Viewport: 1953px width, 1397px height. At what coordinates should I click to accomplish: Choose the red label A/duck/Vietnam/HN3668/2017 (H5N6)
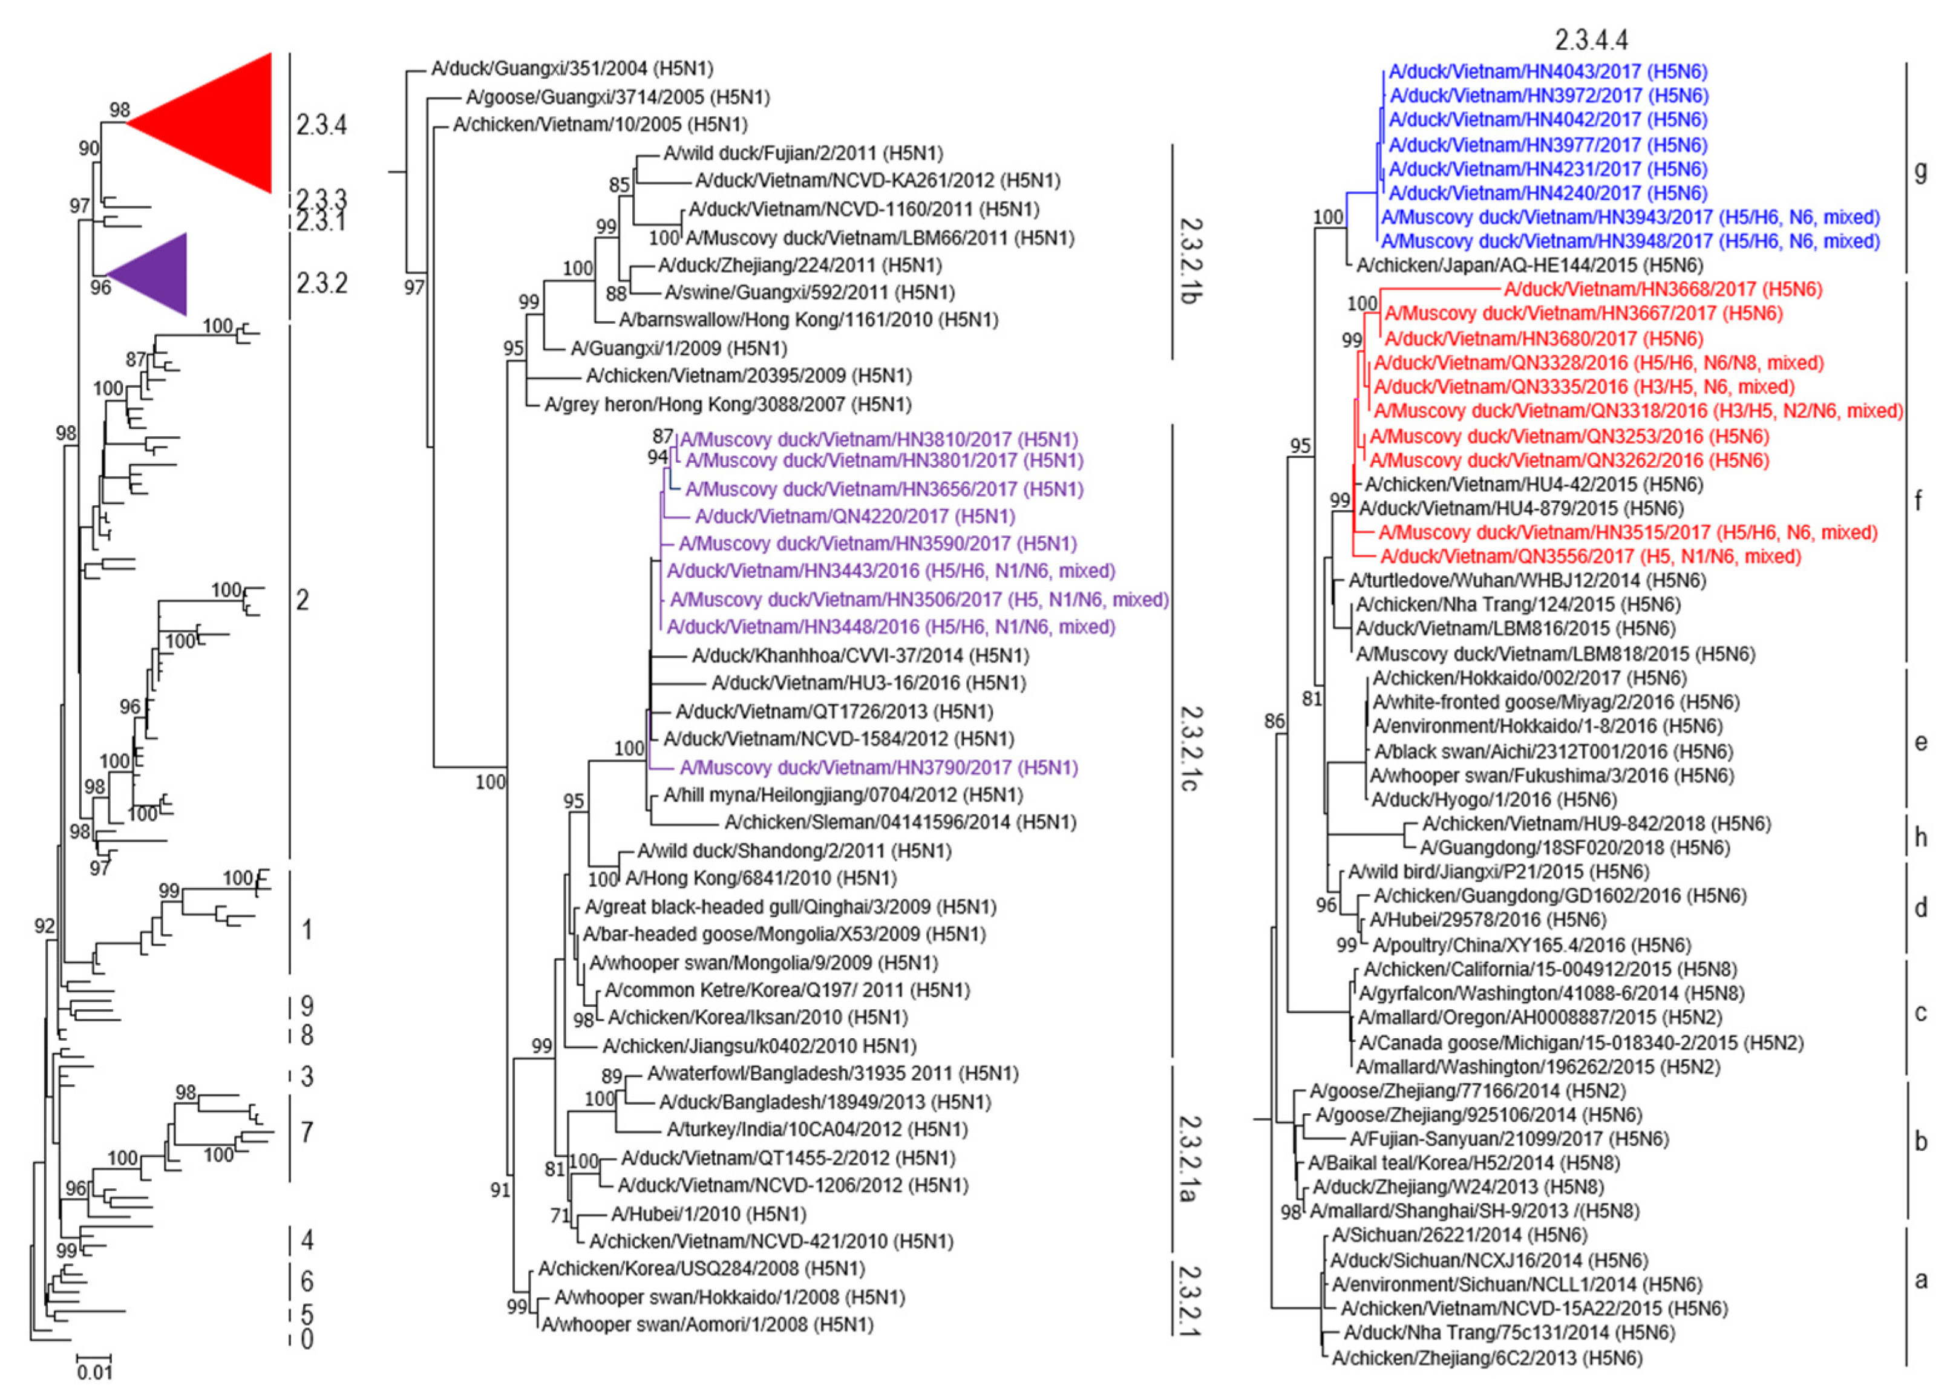(1663, 290)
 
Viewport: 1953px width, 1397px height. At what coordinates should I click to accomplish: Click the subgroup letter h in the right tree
(1920, 837)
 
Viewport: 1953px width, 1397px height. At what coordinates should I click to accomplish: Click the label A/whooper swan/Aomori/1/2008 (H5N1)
(707, 1325)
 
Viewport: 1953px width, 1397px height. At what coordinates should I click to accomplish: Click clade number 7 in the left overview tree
(306, 1132)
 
